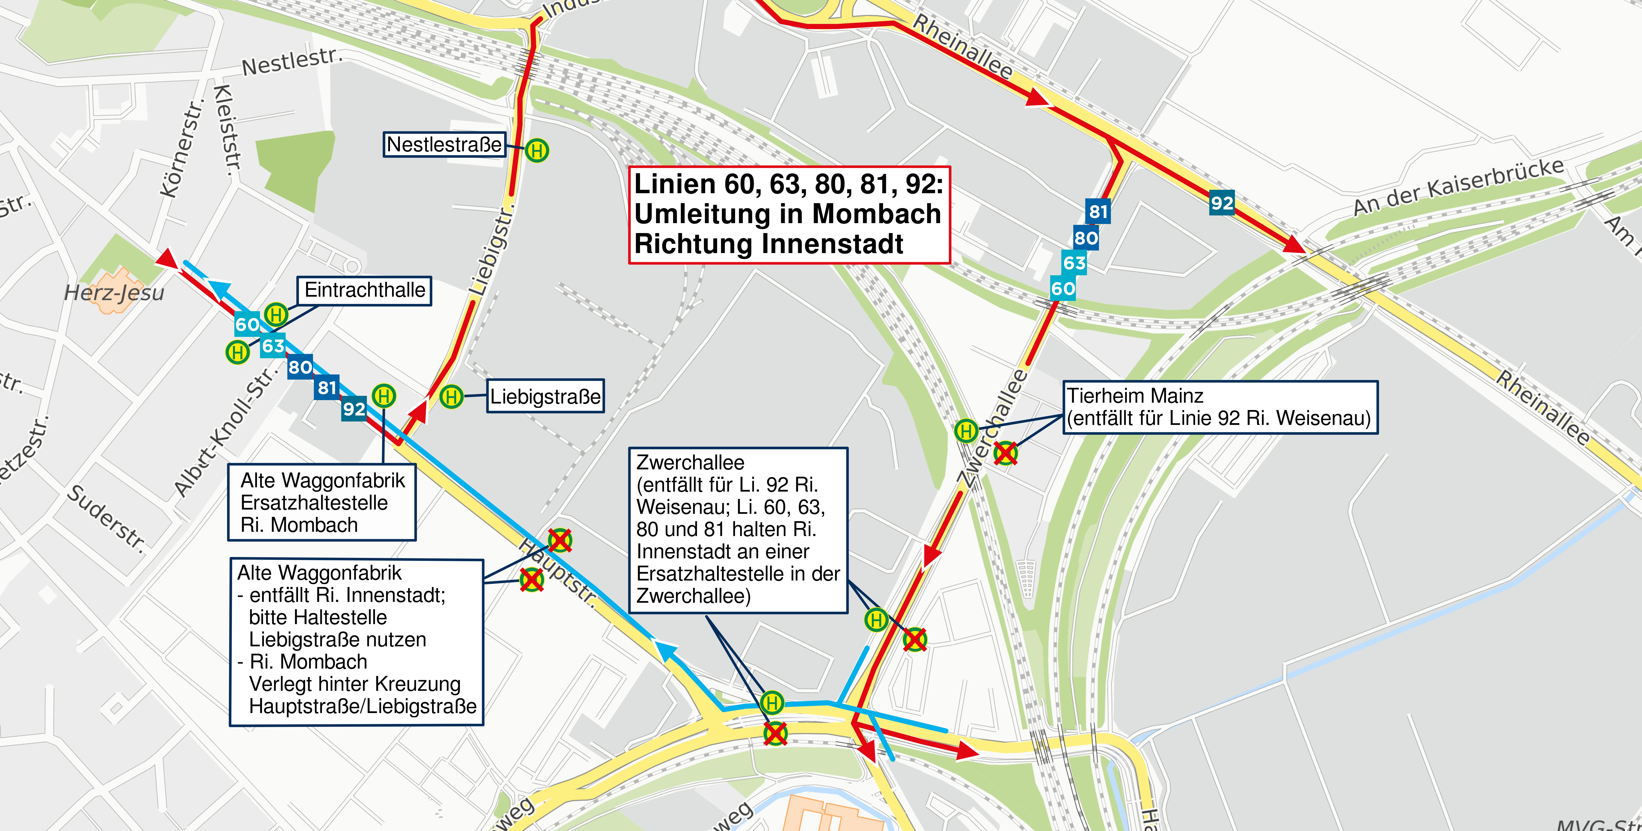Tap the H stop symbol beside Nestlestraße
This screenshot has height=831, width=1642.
pos(537,151)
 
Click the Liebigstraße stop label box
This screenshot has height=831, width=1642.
pos(545,396)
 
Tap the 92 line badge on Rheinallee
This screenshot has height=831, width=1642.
pos(1221,203)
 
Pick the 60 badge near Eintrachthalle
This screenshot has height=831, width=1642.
pos(247,324)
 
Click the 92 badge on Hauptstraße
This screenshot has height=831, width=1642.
pos(354,408)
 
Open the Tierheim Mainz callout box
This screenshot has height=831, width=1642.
pos(1219,407)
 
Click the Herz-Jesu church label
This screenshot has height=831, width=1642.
pos(114,293)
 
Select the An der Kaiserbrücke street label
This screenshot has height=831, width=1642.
pos(1458,186)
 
